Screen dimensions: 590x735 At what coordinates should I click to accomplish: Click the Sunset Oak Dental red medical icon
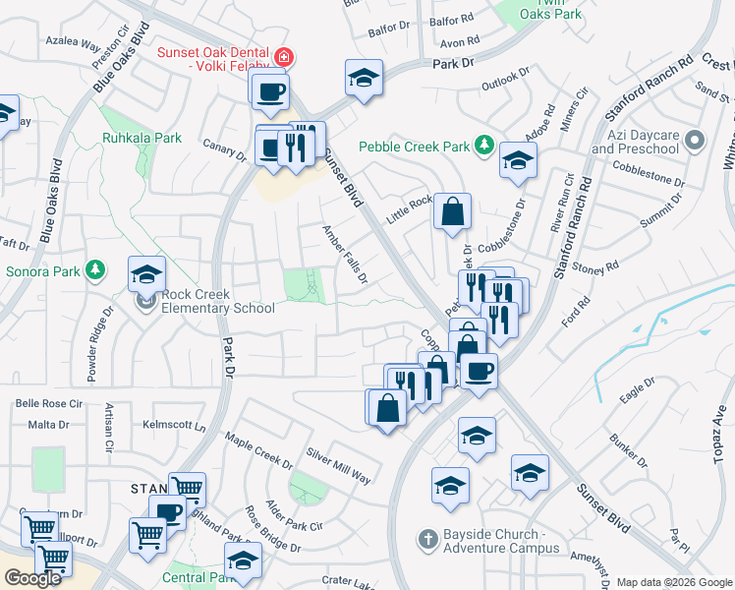[284, 58]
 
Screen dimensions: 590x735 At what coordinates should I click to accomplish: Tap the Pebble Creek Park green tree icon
[483, 146]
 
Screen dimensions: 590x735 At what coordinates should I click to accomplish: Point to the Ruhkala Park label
[141, 139]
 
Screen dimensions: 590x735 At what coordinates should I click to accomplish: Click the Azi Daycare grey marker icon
[696, 139]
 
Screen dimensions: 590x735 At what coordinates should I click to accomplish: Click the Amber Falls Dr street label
[345, 254]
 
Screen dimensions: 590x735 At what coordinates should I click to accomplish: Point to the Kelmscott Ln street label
[175, 426]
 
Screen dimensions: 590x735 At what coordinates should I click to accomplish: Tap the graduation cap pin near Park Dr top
[364, 78]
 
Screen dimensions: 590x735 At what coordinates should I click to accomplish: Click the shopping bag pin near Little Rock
[452, 211]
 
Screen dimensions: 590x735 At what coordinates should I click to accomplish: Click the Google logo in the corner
[33, 577]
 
